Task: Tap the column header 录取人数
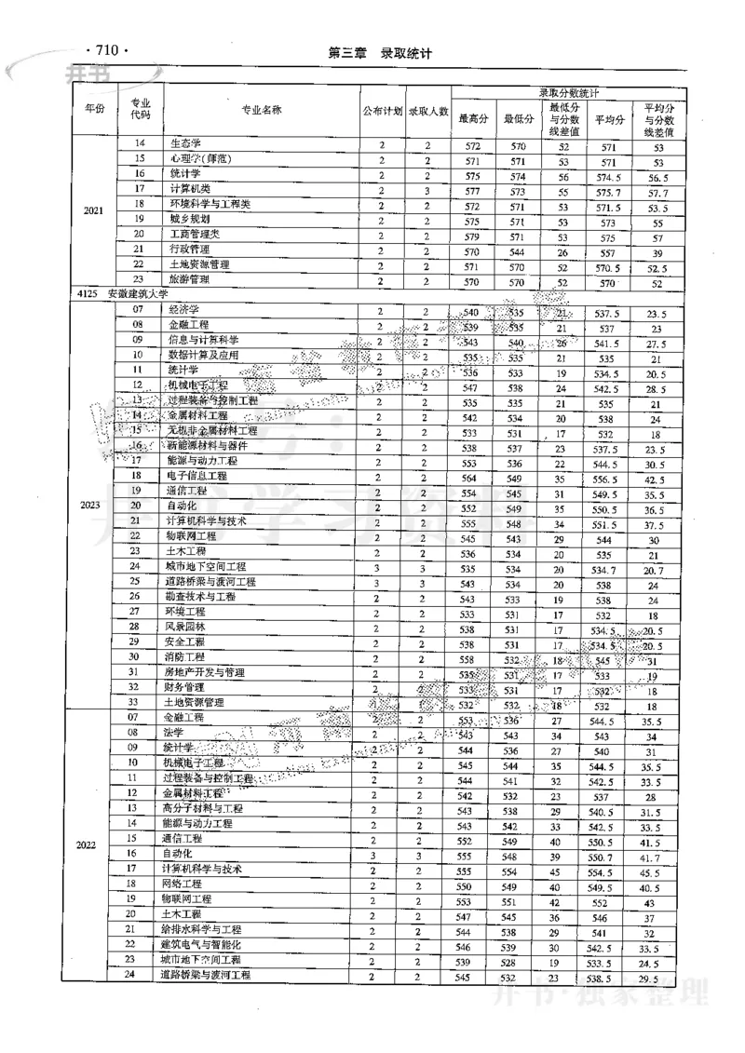click(428, 111)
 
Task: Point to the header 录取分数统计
click(569, 94)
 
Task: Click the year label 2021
click(93, 211)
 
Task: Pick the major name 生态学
click(185, 144)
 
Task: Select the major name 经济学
click(185, 309)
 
